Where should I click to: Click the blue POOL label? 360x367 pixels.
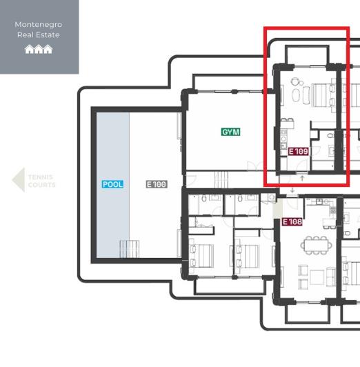click(x=112, y=184)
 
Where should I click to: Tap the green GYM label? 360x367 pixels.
click(x=230, y=132)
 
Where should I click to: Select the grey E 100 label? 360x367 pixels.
click(x=157, y=184)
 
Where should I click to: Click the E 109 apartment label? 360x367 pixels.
click(x=298, y=151)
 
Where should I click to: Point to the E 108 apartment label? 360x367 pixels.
click(x=292, y=222)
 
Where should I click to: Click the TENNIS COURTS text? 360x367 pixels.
click(x=41, y=181)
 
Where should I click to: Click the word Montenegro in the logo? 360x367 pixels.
click(x=39, y=25)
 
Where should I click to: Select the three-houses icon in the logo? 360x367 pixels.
click(x=39, y=49)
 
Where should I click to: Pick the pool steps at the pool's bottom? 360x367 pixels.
click(x=129, y=248)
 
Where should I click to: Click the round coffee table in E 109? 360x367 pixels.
click(x=296, y=81)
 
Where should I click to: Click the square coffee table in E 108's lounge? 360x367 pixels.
click(x=317, y=277)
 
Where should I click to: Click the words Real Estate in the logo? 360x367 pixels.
click(x=39, y=35)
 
